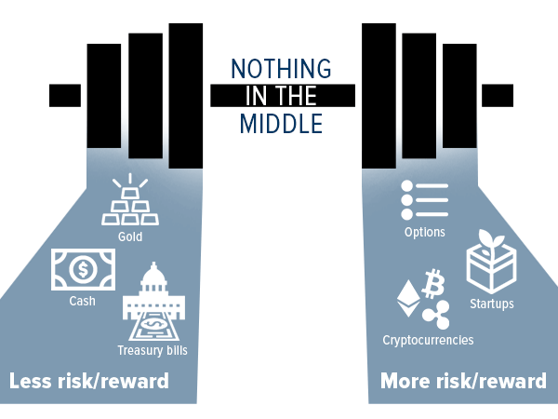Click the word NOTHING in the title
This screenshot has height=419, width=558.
coord(281,69)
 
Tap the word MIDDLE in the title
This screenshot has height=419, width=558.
coord(281,122)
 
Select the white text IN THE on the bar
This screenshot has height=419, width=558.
coord(281,95)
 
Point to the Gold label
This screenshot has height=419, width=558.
coord(130,237)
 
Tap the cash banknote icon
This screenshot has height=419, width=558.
coord(83,271)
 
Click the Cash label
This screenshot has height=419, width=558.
coord(82,301)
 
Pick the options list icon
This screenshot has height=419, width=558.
coord(424,200)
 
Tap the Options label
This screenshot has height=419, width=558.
coord(424,233)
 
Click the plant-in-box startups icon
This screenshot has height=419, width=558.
coord(491,262)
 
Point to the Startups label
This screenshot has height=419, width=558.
coord(491,304)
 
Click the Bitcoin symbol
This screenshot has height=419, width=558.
coord(432,282)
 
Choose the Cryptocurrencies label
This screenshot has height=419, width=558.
coord(428,340)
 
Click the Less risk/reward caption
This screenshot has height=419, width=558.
coord(89,381)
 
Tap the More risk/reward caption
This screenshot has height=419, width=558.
coord(463,381)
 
